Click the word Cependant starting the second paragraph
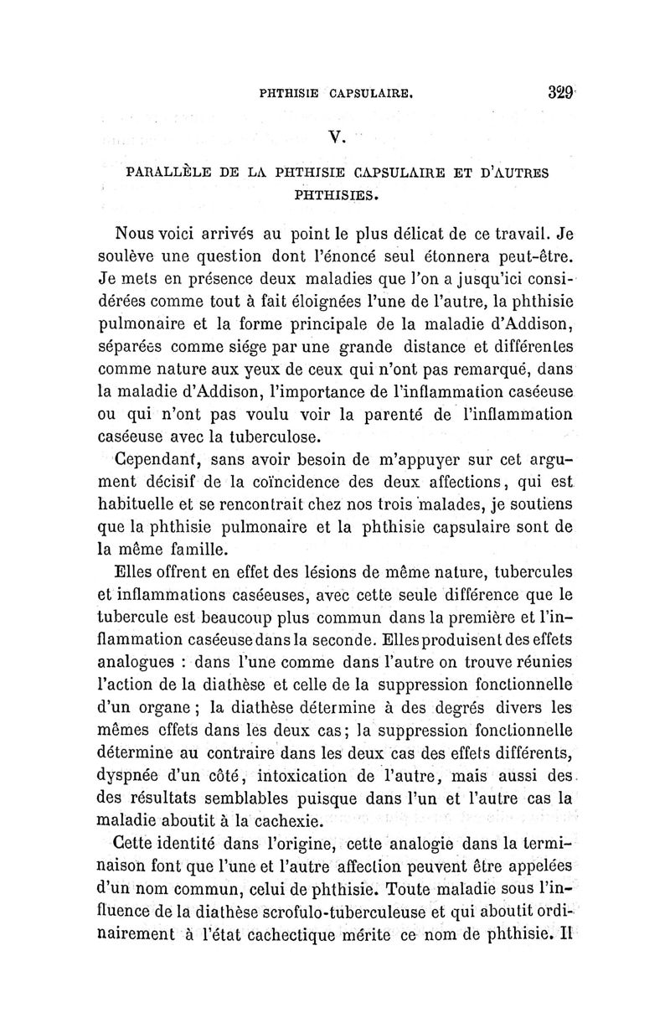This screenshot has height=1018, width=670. coord(152,460)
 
